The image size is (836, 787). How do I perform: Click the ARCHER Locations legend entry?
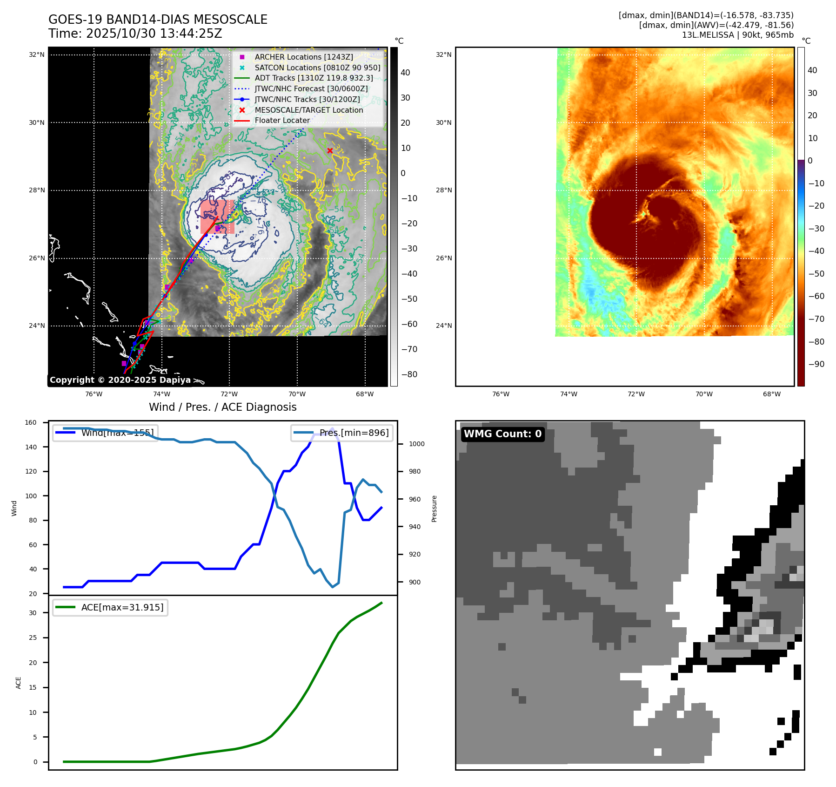[x=303, y=57]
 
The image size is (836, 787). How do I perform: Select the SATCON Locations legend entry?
[x=317, y=68]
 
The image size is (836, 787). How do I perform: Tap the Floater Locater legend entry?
[x=282, y=120]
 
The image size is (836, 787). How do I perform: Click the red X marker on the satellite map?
[x=330, y=150]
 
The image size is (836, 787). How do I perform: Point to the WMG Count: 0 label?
[x=502, y=434]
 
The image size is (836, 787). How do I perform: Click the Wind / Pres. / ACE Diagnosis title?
[x=222, y=407]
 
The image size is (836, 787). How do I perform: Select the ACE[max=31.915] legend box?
[x=110, y=607]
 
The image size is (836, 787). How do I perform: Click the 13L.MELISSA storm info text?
[x=737, y=35]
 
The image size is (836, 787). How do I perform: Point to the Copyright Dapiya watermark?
[x=120, y=380]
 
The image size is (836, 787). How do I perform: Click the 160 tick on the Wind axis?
[x=31, y=422]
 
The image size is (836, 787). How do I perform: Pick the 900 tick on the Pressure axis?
[x=414, y=582]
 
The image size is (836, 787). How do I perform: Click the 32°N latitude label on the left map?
[x=37, y=54]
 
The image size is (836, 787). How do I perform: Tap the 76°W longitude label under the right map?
[x=501, y=394]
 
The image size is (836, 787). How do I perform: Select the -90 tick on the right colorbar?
[x=816, y=364]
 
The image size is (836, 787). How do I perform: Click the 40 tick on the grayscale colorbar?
[x=405, y=73]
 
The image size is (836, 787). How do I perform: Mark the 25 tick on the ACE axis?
[x=33, y=638]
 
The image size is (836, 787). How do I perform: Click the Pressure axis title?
[x=434, y=509]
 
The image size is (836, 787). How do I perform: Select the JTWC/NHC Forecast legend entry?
[x=311, y=88]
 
